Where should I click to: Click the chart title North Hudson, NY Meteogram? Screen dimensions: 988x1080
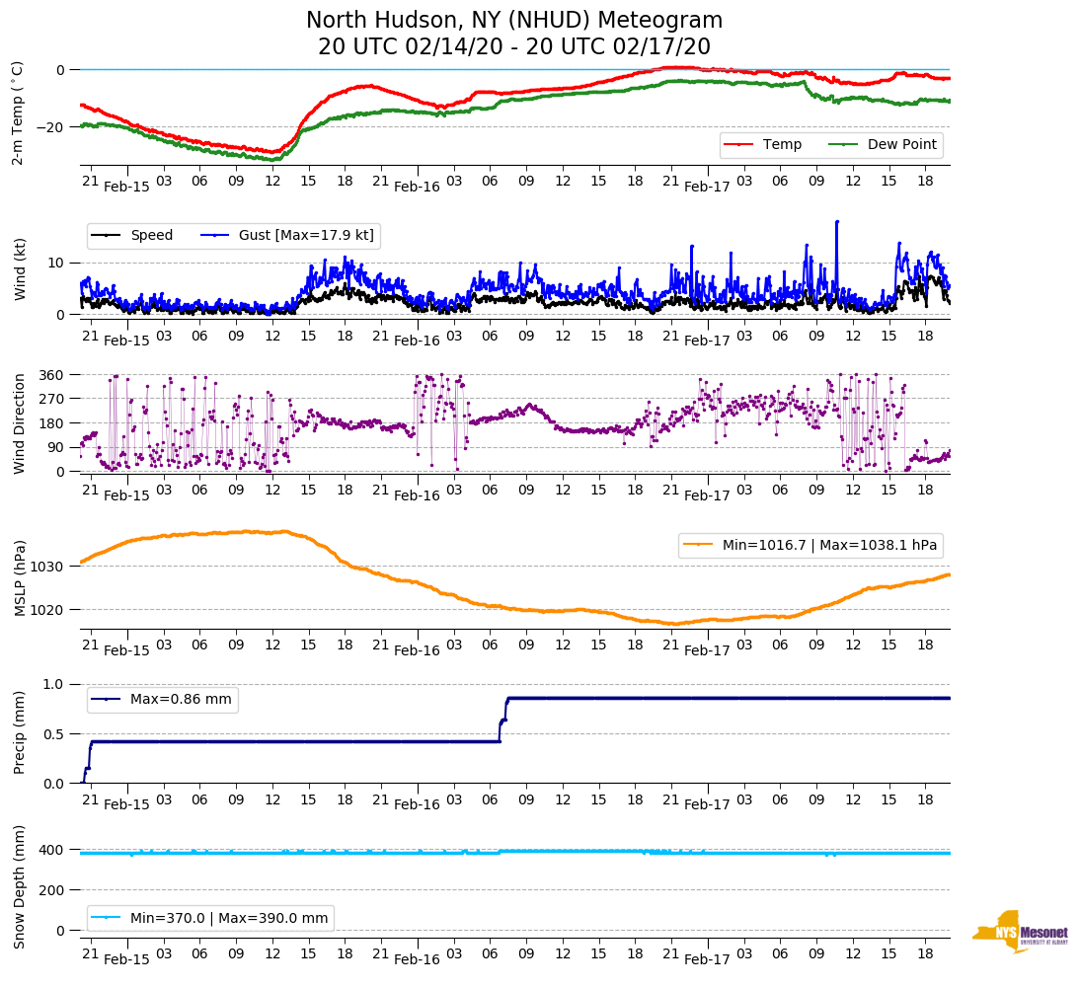coord(513,21)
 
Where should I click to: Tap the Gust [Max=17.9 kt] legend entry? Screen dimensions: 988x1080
coord(306,236)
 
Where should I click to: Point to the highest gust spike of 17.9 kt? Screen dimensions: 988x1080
coord(837,222)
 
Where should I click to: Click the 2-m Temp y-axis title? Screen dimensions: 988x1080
coord(17,113)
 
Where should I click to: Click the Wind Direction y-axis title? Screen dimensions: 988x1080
coord(19,422)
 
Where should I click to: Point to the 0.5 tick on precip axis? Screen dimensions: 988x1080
coord(53,734)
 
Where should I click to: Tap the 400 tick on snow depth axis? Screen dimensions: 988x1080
coord(53,850)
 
